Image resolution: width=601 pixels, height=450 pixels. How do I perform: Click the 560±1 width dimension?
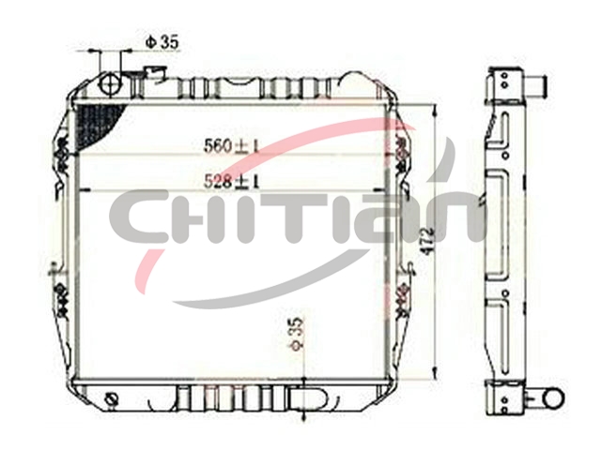(x=232, y=146)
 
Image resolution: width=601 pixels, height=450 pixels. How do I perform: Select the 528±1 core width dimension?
(x=232, y=181)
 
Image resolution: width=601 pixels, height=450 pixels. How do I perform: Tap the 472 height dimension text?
(x=427, y=241)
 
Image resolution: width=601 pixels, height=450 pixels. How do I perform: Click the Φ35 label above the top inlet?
(x=162, y=42)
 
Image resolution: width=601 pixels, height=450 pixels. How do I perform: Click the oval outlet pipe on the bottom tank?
(x=309, y=398)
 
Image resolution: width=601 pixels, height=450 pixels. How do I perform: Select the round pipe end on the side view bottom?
(x=553, y=398)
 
